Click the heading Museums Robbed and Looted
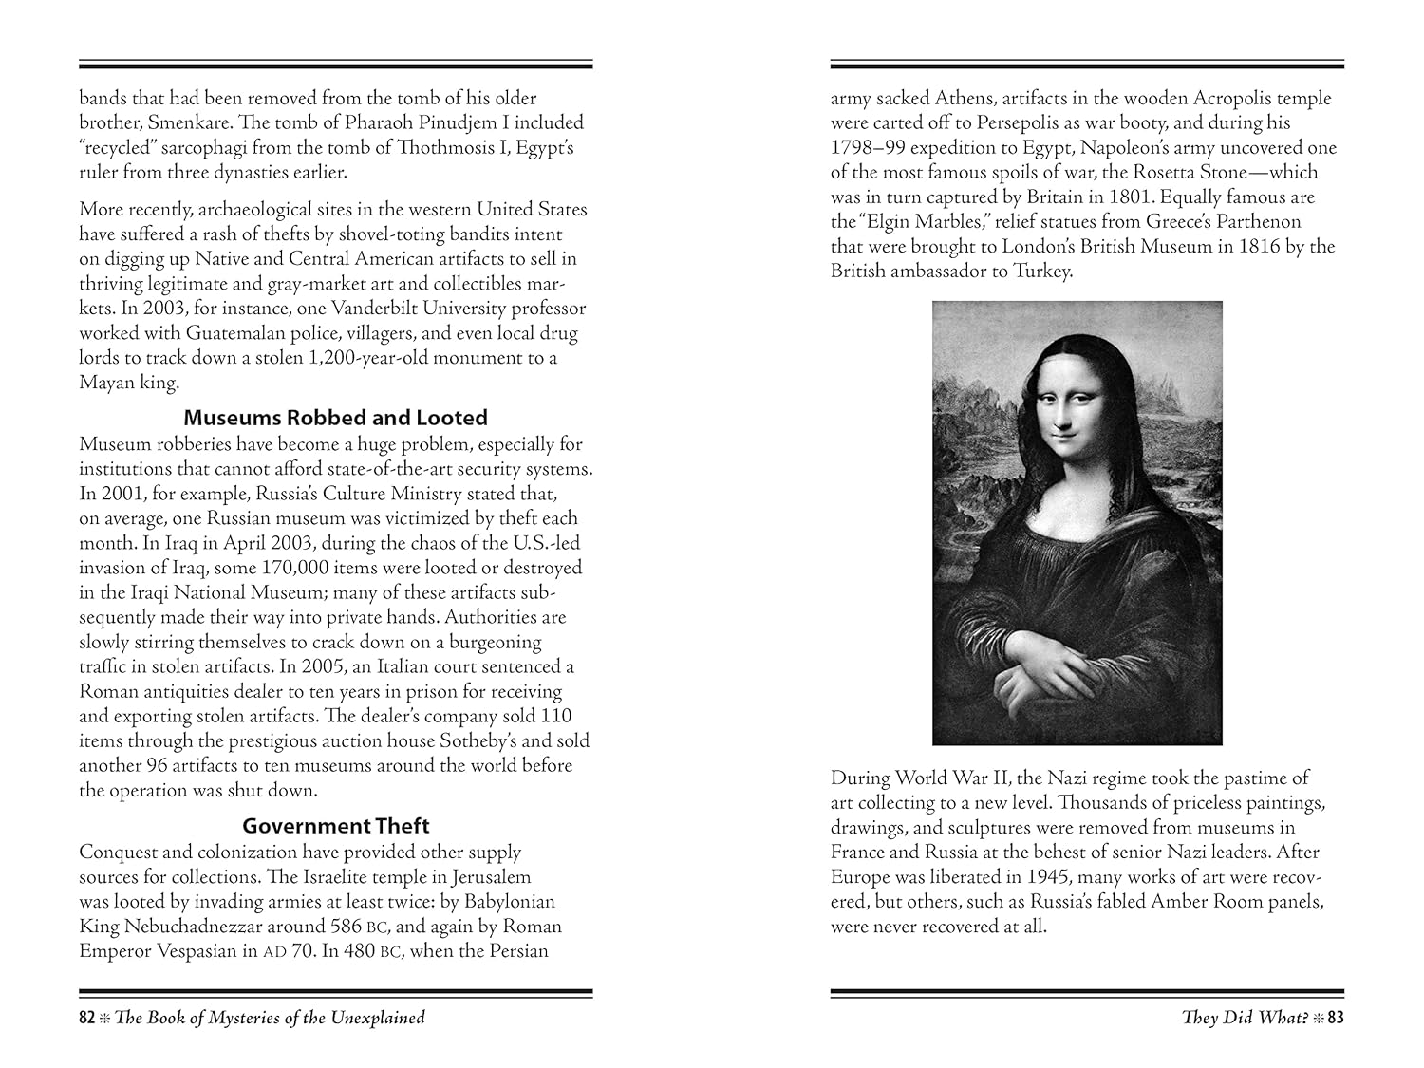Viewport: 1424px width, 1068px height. click(335, 418)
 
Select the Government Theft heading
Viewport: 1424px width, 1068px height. click(335, 826)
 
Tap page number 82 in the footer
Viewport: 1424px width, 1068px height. click(87, 1018)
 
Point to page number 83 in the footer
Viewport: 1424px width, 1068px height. click(1336, 1018)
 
